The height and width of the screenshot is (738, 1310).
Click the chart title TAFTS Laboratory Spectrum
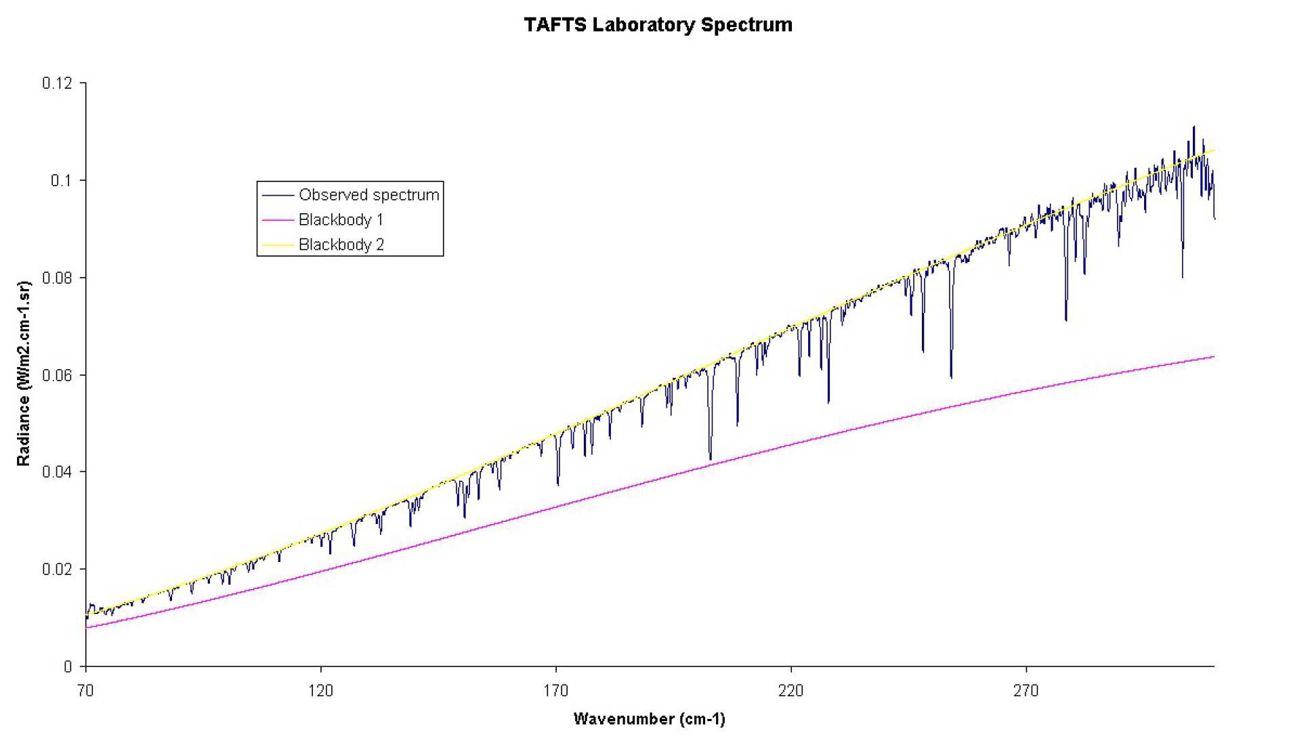(658, 25)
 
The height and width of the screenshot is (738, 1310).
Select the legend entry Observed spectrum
(368, 195)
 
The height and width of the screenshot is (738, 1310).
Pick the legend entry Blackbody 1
(341, 220)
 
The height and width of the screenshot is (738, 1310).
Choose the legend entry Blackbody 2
(341, 244)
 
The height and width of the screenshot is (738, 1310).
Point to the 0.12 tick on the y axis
(57, 83)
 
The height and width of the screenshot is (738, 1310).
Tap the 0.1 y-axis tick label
(61, 181)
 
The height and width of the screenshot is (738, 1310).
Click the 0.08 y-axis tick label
(57, 278)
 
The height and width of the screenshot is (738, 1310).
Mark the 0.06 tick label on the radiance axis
(57, 375)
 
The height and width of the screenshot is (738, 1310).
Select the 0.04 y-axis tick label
(57, 472)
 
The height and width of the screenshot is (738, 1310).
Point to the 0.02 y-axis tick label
(57, 569)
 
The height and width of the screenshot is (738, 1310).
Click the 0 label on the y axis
(68, 667)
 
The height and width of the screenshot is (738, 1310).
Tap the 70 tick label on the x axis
(85, 691)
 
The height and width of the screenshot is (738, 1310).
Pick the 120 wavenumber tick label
(320, 691)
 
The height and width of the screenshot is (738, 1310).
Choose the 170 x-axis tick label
(555, 691)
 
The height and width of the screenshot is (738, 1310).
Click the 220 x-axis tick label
(790, 691)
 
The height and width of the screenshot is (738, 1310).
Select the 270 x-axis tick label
(1026, 691)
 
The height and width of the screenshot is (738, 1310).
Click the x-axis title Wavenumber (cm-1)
(649, 719)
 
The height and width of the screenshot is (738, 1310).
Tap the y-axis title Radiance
(24, 373)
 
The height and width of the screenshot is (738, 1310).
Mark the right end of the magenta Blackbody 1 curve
(1213, 357)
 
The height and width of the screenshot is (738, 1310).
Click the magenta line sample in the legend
(277, 220)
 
